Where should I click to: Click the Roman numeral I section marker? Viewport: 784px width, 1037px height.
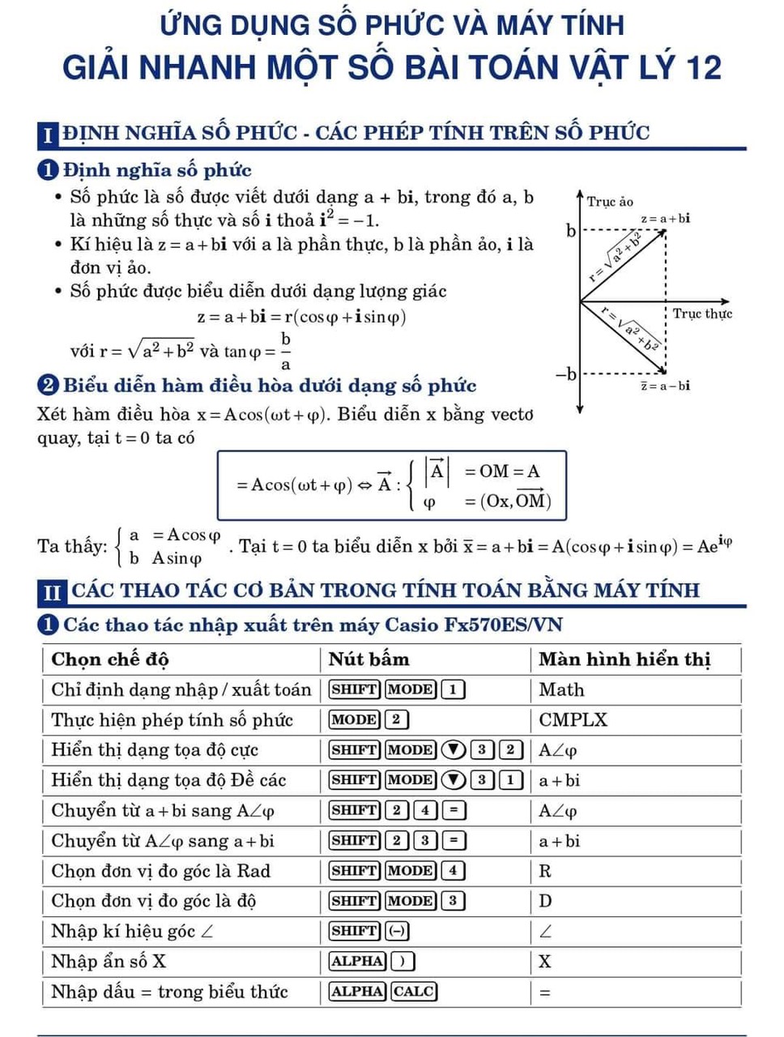coord(49,134)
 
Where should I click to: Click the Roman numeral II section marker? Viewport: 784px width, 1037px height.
coord(51,591)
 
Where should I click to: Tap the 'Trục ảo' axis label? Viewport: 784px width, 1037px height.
coord(609,202)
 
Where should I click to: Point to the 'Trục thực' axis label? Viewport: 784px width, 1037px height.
coord(701,314)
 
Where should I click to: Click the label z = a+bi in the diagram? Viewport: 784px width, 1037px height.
coord(665,218)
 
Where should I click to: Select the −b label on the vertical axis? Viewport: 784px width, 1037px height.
coord(567,374)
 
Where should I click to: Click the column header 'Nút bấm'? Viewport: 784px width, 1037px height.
coord(369,659)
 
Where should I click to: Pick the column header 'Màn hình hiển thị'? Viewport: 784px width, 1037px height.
coord(624,659)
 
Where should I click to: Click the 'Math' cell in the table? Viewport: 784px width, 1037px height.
coord(561,689)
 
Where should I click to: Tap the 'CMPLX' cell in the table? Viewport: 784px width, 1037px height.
coord(573,719)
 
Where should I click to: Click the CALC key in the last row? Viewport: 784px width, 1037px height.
coord(414,991)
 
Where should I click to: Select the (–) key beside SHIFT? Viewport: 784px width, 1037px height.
coord(398,931)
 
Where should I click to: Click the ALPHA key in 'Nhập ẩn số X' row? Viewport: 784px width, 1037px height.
coord(356,961)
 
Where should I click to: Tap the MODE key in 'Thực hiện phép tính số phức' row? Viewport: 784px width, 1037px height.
coord(354,719)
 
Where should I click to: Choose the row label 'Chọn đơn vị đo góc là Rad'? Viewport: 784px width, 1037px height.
coord(160,871)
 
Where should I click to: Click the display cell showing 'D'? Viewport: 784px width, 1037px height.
coord(545,901)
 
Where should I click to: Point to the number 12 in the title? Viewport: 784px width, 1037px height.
coord(701,67)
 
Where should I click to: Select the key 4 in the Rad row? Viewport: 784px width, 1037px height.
coord(453,871)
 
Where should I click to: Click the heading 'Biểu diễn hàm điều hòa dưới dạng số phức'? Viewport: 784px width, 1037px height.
coord(269,386)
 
